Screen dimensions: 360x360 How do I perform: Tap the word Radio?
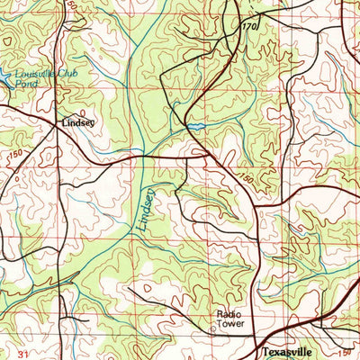click(x=228, y=314)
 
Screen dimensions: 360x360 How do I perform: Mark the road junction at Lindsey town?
click(x=59, y=127)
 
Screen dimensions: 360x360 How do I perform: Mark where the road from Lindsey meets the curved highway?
click(x=210, y=158)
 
